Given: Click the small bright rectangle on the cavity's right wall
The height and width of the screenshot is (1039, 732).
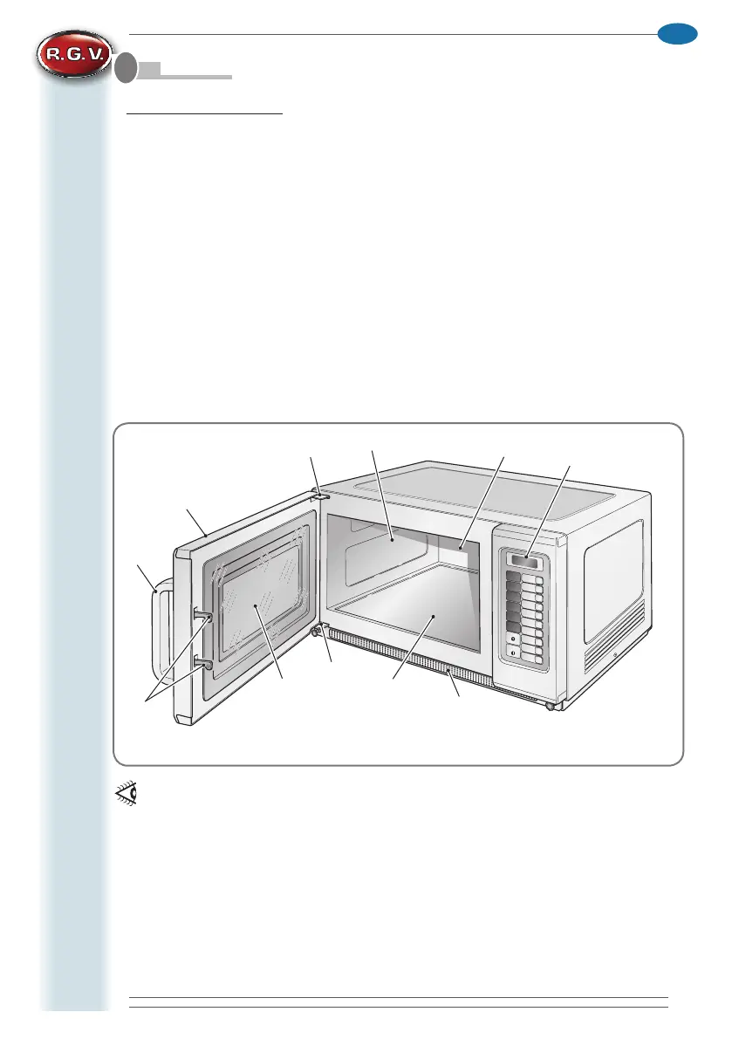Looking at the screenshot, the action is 458,550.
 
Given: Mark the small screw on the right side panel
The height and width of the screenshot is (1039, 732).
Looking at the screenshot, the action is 614,656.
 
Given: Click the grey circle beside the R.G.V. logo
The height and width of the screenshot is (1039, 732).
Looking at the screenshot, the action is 126,69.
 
